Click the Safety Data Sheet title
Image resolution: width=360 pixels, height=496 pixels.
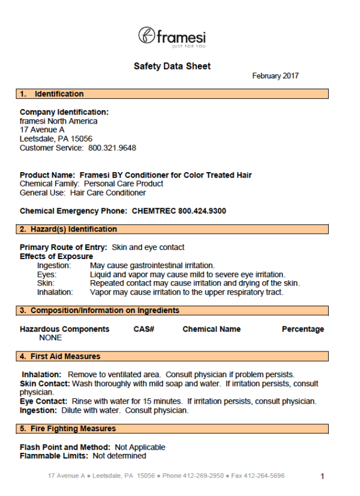tap(172, 66)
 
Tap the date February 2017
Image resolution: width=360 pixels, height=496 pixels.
tap(275, 76)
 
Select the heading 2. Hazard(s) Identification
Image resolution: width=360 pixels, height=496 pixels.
tap(68, 229)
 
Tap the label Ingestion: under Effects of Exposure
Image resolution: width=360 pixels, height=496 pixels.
tap(54, 265)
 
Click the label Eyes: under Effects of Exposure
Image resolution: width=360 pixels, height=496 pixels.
tap(47, 274)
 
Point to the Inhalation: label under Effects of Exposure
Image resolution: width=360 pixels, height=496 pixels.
tap(55, 292)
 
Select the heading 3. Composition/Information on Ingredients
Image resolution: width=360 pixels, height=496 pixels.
tap(100, 311)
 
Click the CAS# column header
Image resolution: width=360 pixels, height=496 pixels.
tap(144, 329)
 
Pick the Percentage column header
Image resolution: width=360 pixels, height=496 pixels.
tap(302, 329)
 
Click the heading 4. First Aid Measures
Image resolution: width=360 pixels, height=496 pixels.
tap(60, 356)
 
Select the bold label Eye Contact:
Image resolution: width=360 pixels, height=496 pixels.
tap(44, 401)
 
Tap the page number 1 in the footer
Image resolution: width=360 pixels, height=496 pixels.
tap(322, 476)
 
